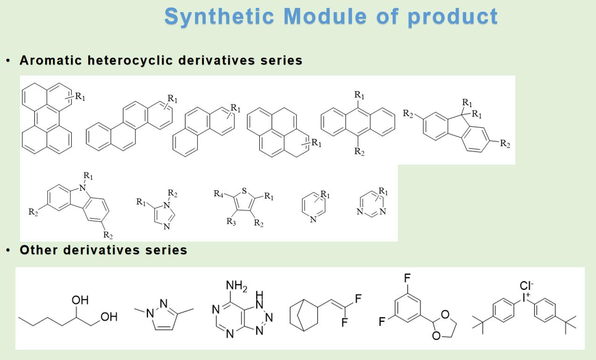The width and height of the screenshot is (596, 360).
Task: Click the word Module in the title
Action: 325,16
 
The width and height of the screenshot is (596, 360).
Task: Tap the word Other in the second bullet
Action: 39,250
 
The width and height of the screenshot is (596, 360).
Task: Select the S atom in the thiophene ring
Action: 244,191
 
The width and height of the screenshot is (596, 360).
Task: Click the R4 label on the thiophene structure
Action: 218,194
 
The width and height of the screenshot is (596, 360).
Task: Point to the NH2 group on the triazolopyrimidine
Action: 236,286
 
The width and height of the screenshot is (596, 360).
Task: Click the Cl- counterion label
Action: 527,286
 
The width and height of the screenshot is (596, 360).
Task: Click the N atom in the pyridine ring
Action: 313,219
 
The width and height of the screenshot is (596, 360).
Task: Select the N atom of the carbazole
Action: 83,188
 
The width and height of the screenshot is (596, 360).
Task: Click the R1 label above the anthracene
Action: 359,95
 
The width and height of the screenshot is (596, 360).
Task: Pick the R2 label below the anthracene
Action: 359,152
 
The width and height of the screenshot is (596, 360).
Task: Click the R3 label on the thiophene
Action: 231,222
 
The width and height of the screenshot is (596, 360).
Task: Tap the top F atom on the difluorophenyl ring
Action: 407,278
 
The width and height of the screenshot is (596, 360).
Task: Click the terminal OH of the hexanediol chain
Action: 109,317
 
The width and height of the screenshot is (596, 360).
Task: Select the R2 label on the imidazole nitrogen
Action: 173,194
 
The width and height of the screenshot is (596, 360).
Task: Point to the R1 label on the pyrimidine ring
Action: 383,191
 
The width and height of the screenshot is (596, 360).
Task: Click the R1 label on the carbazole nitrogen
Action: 88,176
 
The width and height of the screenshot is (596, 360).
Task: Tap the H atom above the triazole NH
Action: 259,295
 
